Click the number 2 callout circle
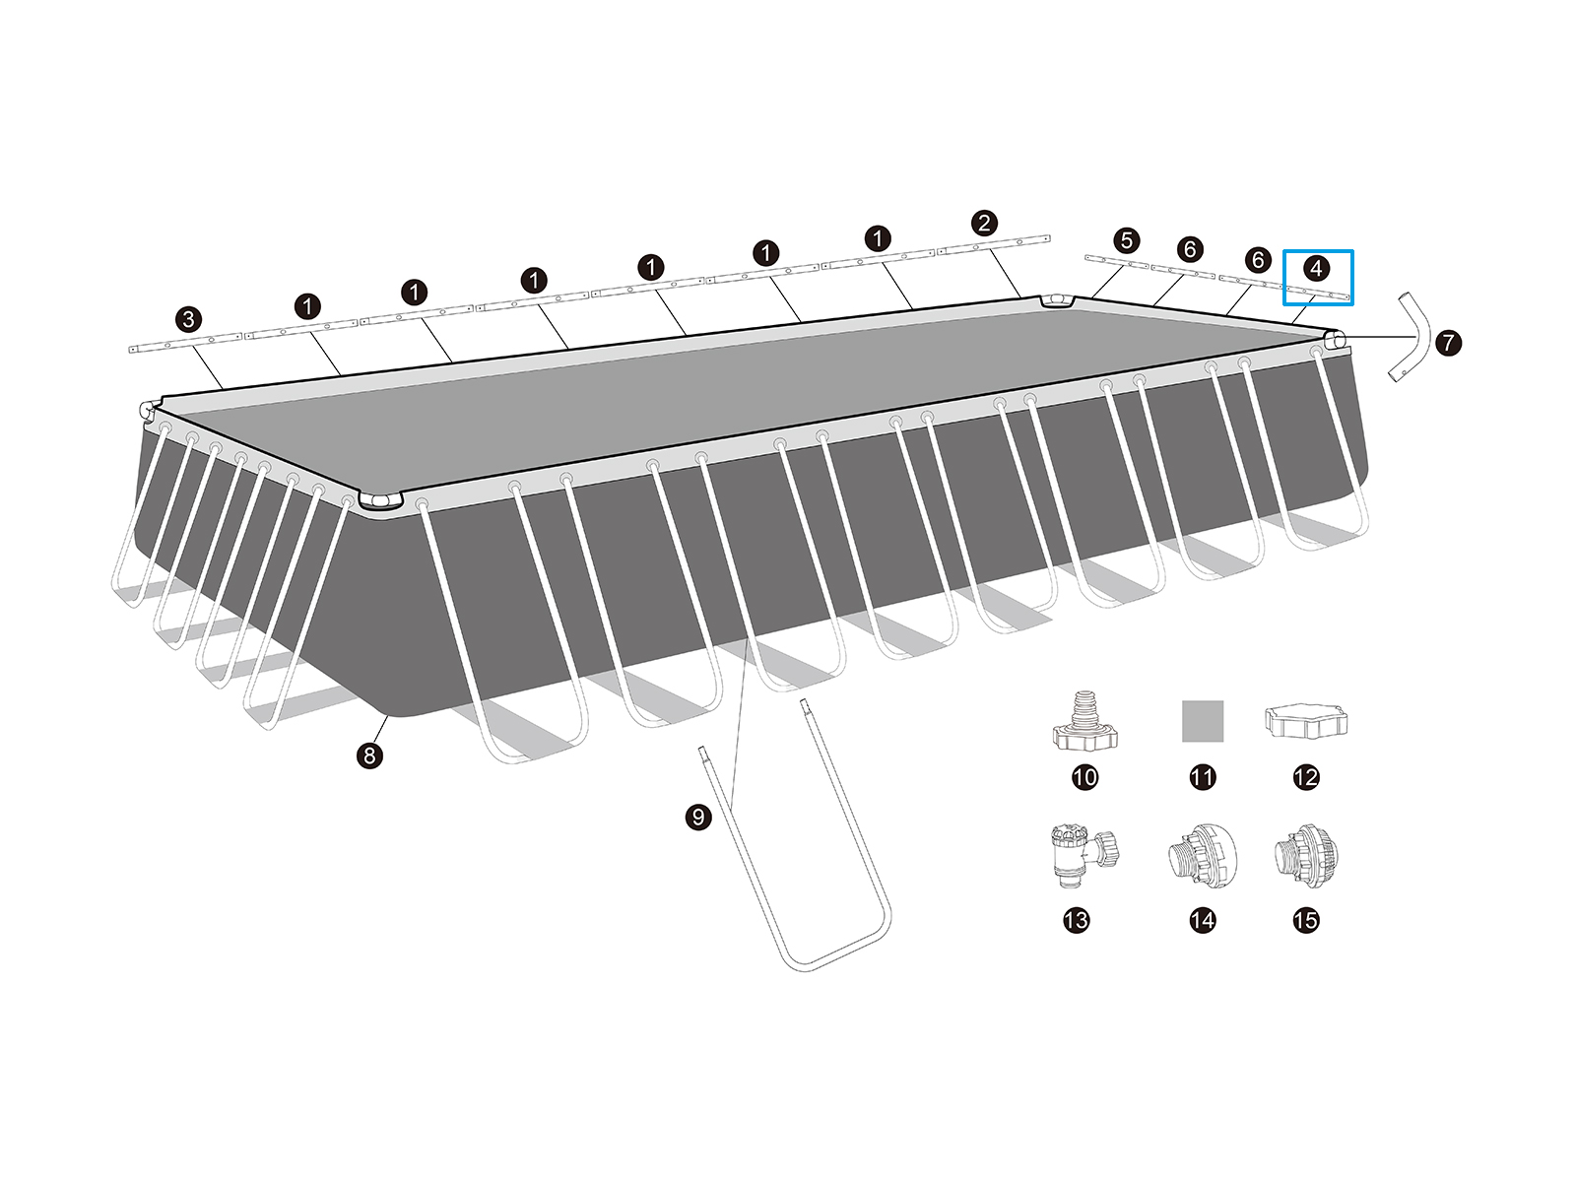984,223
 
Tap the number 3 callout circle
188,319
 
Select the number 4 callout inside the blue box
1316,268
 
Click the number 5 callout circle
1127,240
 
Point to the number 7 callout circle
1448,343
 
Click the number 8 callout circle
369,755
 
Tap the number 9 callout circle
698,817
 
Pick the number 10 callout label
1084,777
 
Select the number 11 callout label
1203,777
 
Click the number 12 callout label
1306,777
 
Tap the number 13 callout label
1077,920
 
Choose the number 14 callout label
1203,920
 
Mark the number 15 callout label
1306,920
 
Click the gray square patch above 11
1203,721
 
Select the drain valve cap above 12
1306,721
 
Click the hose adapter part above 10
1084,721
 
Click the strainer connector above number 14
1202,855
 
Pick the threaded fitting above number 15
1306,856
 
